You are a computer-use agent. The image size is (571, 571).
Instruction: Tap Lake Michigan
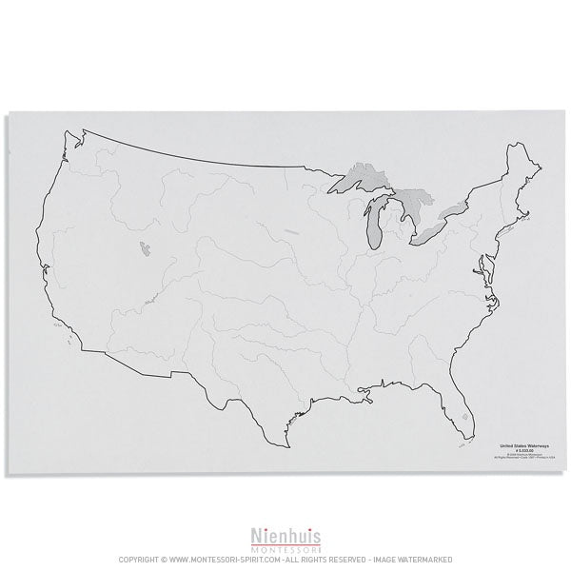tap(377, 224)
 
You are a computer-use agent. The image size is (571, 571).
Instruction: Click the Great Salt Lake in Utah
tap(143, 250)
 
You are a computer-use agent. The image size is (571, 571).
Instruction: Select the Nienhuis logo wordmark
tap(285, 535)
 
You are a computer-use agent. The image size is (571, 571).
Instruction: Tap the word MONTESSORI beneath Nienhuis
tap(285, 547)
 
